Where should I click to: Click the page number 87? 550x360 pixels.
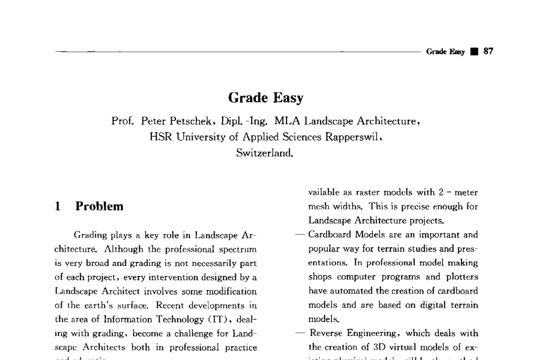click(488, 52)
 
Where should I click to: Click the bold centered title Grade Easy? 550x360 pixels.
click(265, 98)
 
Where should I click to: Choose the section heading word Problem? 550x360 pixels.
click(100, 207)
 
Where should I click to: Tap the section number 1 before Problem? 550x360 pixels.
click(57, 207)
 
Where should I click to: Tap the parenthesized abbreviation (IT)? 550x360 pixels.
click(211, 319)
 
